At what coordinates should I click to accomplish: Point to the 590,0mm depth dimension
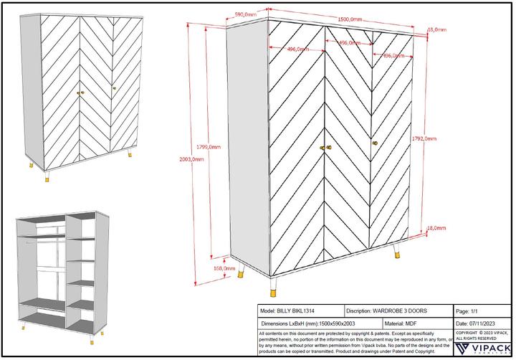(246, 13)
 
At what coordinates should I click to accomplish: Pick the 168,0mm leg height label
(224, 268)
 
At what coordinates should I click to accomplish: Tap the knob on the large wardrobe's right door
(374, 144)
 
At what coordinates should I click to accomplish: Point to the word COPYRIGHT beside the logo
(467, 333)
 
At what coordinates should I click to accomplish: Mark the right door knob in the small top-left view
(113, 88)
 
